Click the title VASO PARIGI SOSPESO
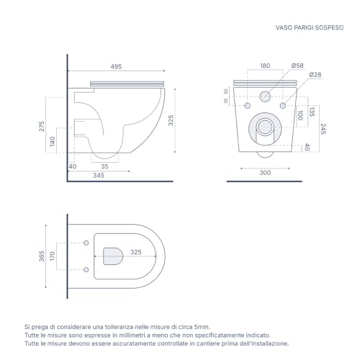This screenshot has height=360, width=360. (310, 27)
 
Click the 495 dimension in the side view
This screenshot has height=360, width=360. (116, 66)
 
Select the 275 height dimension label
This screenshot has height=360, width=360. (42, 126)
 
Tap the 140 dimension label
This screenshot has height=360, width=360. (53, 141)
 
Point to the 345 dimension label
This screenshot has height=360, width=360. (99, 176)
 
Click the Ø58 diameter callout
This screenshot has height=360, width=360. (297, 66)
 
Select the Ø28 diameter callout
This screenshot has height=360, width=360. (315, 75)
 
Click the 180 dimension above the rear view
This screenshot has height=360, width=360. (265, 66)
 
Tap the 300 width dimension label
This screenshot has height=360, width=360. (265, 173)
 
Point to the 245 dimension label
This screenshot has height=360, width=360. (323, 129)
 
